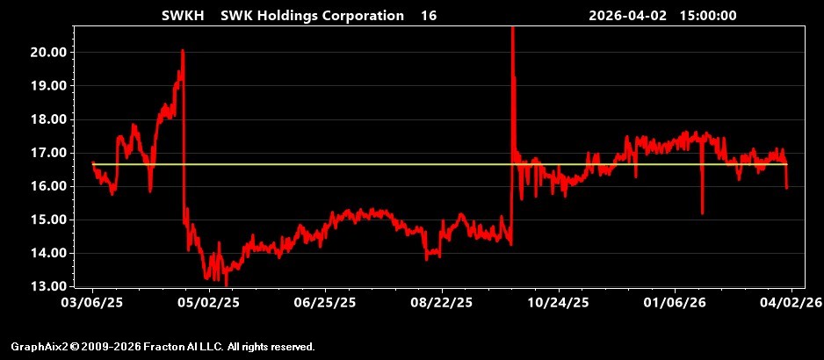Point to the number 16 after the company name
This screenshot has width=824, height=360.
(429, 15)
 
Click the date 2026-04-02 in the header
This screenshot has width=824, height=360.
(627, 15)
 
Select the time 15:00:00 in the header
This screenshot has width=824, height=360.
(708, 15)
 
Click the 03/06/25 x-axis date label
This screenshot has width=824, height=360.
(93, 303)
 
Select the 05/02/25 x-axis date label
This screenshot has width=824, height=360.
(210, 303)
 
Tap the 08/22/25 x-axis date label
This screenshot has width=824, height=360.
(443, 303)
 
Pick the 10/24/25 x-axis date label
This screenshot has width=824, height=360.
(559, 303)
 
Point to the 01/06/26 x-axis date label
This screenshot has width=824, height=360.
(676, 303)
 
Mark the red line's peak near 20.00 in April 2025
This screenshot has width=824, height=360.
(183, 50)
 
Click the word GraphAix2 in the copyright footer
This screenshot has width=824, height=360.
(40, 347)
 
